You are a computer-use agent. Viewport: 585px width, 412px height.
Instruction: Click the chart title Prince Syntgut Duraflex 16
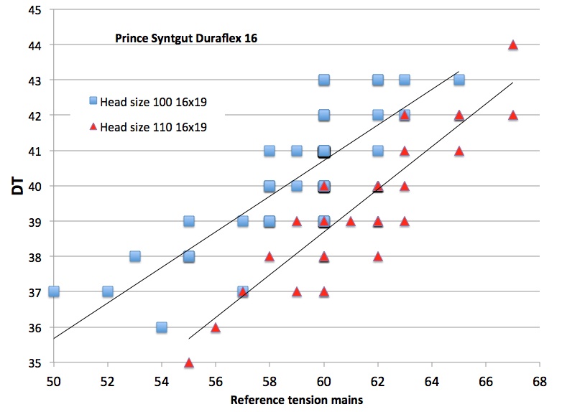(x=186, y=38)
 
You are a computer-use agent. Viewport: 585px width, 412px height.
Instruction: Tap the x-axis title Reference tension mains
(x=296, y=401)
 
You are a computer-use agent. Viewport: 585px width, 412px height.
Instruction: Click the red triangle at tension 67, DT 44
(x=513, y=45)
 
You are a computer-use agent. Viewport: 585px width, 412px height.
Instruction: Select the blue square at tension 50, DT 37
(x=54, y=291)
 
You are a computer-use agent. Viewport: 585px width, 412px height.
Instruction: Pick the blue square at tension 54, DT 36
(x=162, y=327)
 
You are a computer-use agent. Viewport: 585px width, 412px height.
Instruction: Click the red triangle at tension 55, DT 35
(x=189, y=362)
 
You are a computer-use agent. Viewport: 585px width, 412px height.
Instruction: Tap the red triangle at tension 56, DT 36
(x=216, y=327)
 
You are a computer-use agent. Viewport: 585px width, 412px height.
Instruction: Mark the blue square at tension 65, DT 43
(x=459, y=80)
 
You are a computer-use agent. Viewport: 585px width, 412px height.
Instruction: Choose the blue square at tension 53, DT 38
(x=134, y=256)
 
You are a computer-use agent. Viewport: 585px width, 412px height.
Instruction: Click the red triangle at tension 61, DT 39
(x=351, y=221)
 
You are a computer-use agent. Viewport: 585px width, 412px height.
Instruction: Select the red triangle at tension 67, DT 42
(x=513, y=115)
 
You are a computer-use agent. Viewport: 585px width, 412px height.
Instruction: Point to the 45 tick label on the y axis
(x=34, y=10)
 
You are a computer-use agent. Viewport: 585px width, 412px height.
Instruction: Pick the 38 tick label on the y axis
(x=34, y=256)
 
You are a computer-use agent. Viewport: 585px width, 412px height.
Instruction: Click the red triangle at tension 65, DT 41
(x=459, y=151)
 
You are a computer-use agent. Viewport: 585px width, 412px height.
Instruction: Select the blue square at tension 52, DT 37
(x=108, y=291)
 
